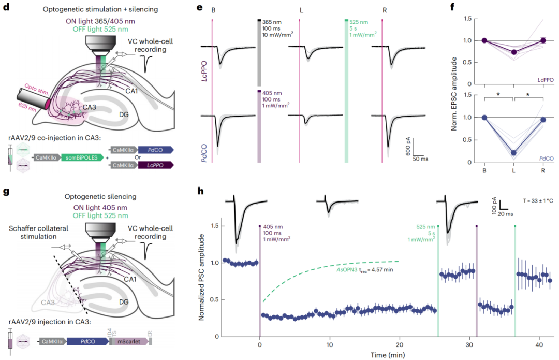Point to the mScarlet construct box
point(129,342)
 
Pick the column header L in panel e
point(301,10)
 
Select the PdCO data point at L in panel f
point(513,153)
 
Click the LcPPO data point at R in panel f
point(543,40)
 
